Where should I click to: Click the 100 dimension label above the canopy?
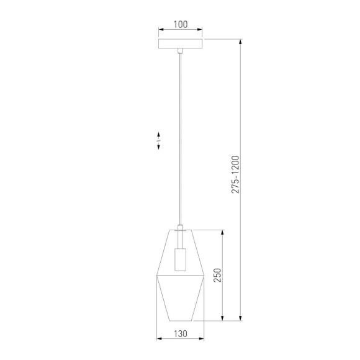click(x=180, y=24)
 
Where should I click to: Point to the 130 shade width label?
click(x=180, y=334)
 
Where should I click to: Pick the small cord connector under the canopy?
click(x=180, y=51)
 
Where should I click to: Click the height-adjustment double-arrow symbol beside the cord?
click(x=159, y=140)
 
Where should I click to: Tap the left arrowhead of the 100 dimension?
click(x=160, y=30)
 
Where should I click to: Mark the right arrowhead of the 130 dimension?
click(x=203, y=340)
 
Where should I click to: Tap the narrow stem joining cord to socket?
click(x=180, y=228)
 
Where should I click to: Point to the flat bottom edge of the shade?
click(x=180, y=321)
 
